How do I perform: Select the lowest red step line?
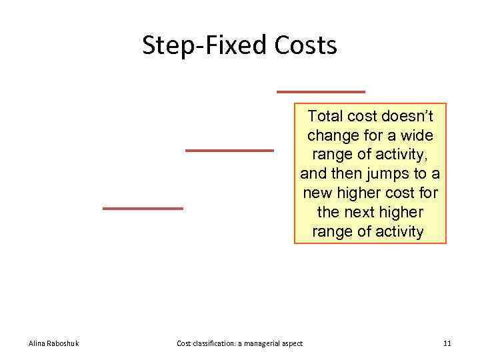[143, 209]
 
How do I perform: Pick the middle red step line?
[229, 151]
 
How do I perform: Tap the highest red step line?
[321, 91]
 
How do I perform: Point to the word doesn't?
[407, 117]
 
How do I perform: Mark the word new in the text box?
[317, 193]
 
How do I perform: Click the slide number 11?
[447, 343]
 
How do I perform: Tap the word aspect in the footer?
[292, 343]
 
